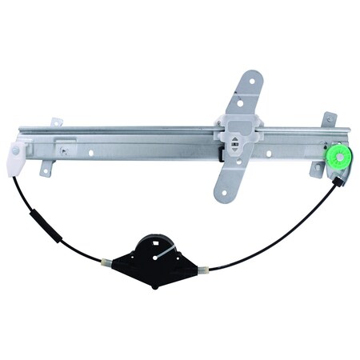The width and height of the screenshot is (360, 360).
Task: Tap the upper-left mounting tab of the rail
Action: click(x=56, y=123)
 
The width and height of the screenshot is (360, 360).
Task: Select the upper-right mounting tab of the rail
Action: click(x=329, y=121)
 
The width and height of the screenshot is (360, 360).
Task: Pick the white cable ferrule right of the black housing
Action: click(x=206, y=268)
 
